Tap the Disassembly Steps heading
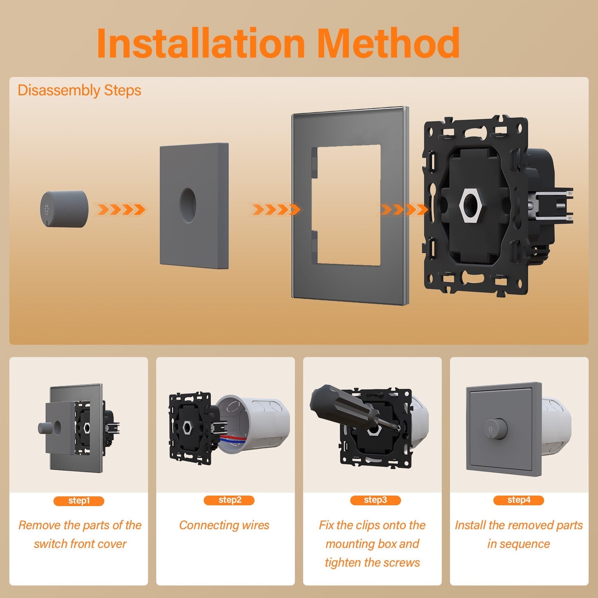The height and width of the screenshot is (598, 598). click(79, 90)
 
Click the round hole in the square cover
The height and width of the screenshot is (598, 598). click(187, 203)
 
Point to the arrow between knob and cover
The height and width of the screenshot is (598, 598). click(120, 210)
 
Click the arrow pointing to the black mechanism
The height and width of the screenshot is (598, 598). click(404, 210)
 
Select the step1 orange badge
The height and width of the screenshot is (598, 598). click(79, 501)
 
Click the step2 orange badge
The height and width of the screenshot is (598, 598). click(229, 500)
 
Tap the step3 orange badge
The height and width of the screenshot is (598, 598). click(375, 500)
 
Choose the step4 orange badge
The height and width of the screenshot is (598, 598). click(518, 500)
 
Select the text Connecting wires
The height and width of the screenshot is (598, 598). click(224, 525)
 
